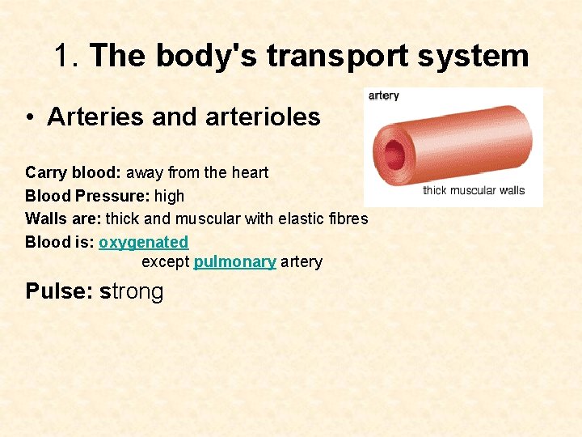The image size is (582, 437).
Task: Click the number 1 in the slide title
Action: coord(65,57)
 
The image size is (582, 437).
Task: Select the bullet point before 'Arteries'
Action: coord(29,118)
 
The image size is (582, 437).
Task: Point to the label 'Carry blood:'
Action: coord(73,172)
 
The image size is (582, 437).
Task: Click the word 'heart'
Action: coord(250,172)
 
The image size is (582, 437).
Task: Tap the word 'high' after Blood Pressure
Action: coord(169,196)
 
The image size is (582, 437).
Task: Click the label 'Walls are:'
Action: coord(63,218)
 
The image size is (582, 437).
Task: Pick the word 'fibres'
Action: coord(348,218)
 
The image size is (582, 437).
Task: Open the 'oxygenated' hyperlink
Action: coord(143,242)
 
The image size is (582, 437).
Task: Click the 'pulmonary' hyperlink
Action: coord(234,261)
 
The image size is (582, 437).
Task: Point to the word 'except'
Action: coord(165,262)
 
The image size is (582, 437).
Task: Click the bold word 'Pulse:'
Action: coord(59,291)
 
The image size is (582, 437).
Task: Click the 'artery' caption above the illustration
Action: coord(383,95)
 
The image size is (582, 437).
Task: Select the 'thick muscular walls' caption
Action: coord(474,191)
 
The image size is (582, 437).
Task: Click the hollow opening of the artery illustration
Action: coord(394,151)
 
